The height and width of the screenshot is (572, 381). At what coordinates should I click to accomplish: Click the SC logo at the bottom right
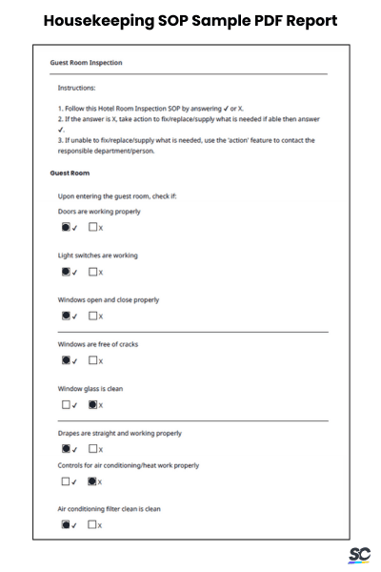tap(359, 555)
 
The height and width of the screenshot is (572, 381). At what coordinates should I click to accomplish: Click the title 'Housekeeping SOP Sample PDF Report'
tap(190, 20)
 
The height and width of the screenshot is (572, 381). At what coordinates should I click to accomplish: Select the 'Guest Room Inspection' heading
tap(86, 63)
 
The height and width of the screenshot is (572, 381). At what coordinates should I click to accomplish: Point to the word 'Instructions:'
tap(77, 87)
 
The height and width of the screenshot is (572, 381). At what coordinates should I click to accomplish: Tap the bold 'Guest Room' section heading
tap(70, 173)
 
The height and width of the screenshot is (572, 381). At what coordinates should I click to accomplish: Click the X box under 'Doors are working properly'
tap(93, 228)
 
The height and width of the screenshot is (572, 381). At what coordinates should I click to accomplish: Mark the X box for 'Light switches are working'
tap(93, 272)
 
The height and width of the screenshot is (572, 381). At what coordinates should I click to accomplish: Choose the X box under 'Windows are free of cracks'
tap(93, 360)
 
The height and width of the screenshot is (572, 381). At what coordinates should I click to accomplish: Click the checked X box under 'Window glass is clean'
tap(93, 404)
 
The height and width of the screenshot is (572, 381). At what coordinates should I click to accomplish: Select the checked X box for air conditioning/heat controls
tap(93, 480)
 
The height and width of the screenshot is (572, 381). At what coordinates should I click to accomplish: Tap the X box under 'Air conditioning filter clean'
tap(93, 524)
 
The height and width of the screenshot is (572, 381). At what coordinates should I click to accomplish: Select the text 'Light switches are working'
tap(98, 255)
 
